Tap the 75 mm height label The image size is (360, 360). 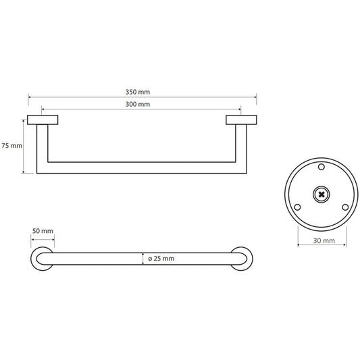(x=11, y=145)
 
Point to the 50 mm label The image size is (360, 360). (x=43, y=232)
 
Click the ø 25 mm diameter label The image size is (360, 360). (x=160, y=259)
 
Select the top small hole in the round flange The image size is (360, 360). (x=321, y=166)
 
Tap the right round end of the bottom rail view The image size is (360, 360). (x=241, y=259)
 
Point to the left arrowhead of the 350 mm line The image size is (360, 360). (x=30, y=97)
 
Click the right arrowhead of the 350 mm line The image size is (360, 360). (x=254, y=97)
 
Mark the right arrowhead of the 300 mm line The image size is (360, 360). (x=238, y=109)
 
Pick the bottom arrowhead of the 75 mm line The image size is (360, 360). (x=25, y=172)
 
